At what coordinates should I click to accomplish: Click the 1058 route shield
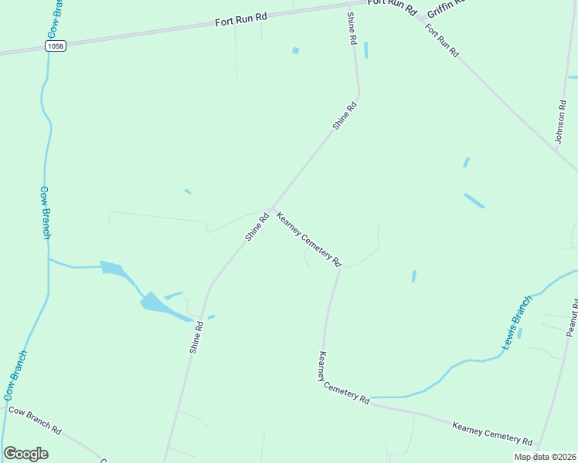point(56,46)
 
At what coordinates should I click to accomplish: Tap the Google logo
point(25,454)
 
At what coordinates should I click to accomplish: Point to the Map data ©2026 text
point(545,457)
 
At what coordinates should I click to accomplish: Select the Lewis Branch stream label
point(517,323)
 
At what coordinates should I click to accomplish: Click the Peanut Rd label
point(572,316)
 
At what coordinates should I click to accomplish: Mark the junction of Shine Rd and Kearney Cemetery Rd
point(270,208)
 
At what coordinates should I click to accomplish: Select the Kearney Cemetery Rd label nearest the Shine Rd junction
point(308,239)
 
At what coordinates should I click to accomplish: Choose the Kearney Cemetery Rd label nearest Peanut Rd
point(492,433)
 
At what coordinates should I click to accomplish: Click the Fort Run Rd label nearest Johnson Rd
point(442,41)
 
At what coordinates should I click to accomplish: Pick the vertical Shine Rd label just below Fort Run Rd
point(352,28)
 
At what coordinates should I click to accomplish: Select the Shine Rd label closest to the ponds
point(197,337)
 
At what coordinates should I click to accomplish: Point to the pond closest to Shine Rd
point(211,316)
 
